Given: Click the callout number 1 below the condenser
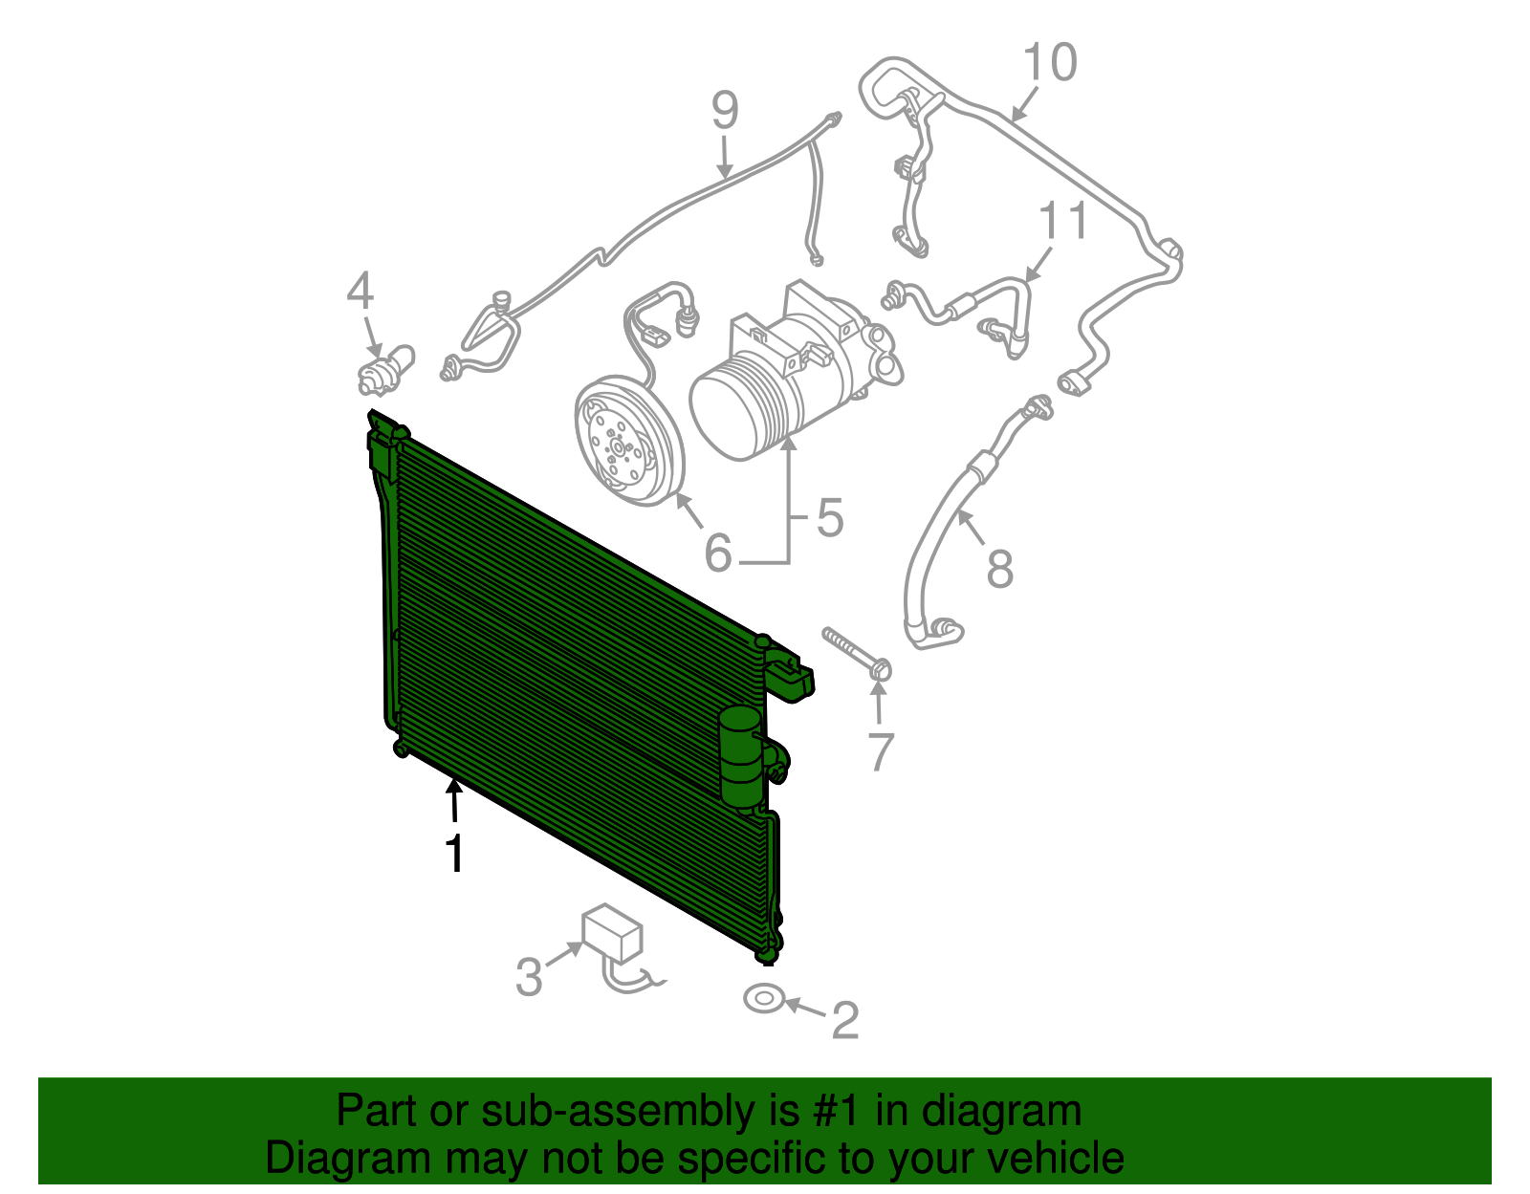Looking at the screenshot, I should point(455,853).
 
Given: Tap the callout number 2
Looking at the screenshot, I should point(844,1020).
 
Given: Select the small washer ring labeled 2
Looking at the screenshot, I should point(764,999).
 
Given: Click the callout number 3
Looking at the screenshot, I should point(529,976).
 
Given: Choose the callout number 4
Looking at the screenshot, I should point(360,291).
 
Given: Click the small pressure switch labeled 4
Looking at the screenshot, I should point(385,371).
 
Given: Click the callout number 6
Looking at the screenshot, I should point(718,553).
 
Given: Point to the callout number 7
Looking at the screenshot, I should point(880,750).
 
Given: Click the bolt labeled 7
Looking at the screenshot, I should point(854,654).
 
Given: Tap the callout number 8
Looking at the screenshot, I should point(999,569).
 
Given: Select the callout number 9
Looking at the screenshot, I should point(725,111).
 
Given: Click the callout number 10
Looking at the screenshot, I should point(1049,63).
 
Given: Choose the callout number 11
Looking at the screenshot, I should point(1062,221).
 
